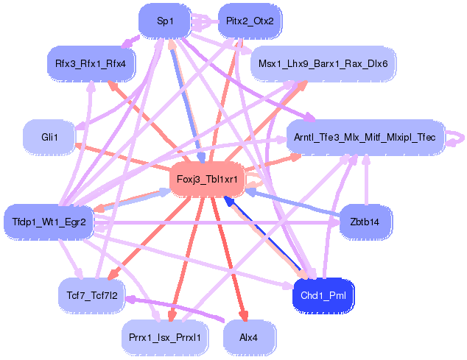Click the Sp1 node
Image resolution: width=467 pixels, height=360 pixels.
pyautogui.click(x=165, y=21)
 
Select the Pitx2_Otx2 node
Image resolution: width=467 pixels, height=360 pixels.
pyautogui.click(x=250, y=21)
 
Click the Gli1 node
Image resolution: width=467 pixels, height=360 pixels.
pyautogui.click(x=49, y=137)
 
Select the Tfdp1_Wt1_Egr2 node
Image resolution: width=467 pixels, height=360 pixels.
pyautogui.click(x=49, y=222)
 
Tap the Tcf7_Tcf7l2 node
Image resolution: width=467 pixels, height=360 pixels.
pyautogui.click(x=91, y=294)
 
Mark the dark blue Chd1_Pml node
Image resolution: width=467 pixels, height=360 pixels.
pyautogui.click(x=324, y=295)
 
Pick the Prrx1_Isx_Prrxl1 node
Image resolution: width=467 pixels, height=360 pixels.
pyautogui.click(x=165, y=337)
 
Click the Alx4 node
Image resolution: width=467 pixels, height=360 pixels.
pyautogui.click(x=250, y=337)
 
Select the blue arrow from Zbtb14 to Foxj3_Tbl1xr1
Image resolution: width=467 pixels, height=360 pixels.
pyautogui.click(x=295, y=203)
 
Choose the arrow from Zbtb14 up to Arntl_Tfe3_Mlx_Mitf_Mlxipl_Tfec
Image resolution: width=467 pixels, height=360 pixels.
pyautogui.click(x=366, y=180)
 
